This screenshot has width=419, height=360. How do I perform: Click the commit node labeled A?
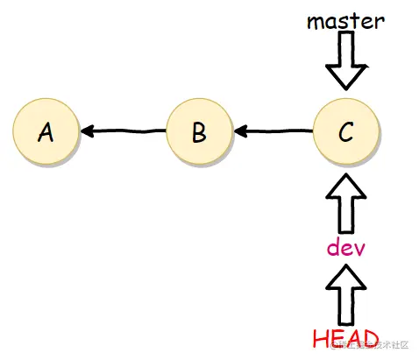[x=46, y=132]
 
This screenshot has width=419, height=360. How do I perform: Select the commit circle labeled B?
[x=198, y=132]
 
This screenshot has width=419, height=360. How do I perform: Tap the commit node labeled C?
[x=345, y=132]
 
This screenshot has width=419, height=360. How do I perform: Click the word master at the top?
[x=345, y=20]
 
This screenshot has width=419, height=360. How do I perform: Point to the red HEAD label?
[x=345, y=337]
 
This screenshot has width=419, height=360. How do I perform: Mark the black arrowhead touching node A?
[x=88, y=132]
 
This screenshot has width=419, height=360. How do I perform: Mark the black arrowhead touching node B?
[x=239, y=132]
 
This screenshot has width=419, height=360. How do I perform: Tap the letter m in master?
[x=316, y=22]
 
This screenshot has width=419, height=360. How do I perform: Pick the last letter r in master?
[x=379, y=22]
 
